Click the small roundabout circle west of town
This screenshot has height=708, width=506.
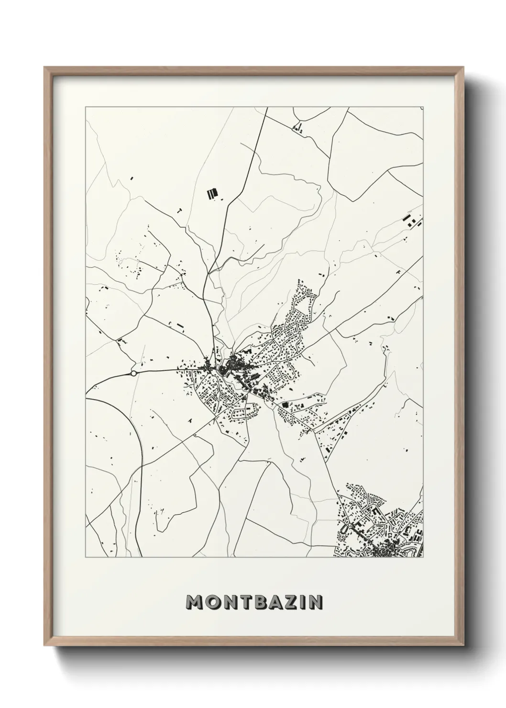tap(134, 373)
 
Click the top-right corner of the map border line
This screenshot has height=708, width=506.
tap(423, 107)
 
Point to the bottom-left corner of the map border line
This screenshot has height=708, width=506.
tap(86, 558)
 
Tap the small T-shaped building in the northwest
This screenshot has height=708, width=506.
tap(179, 210)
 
